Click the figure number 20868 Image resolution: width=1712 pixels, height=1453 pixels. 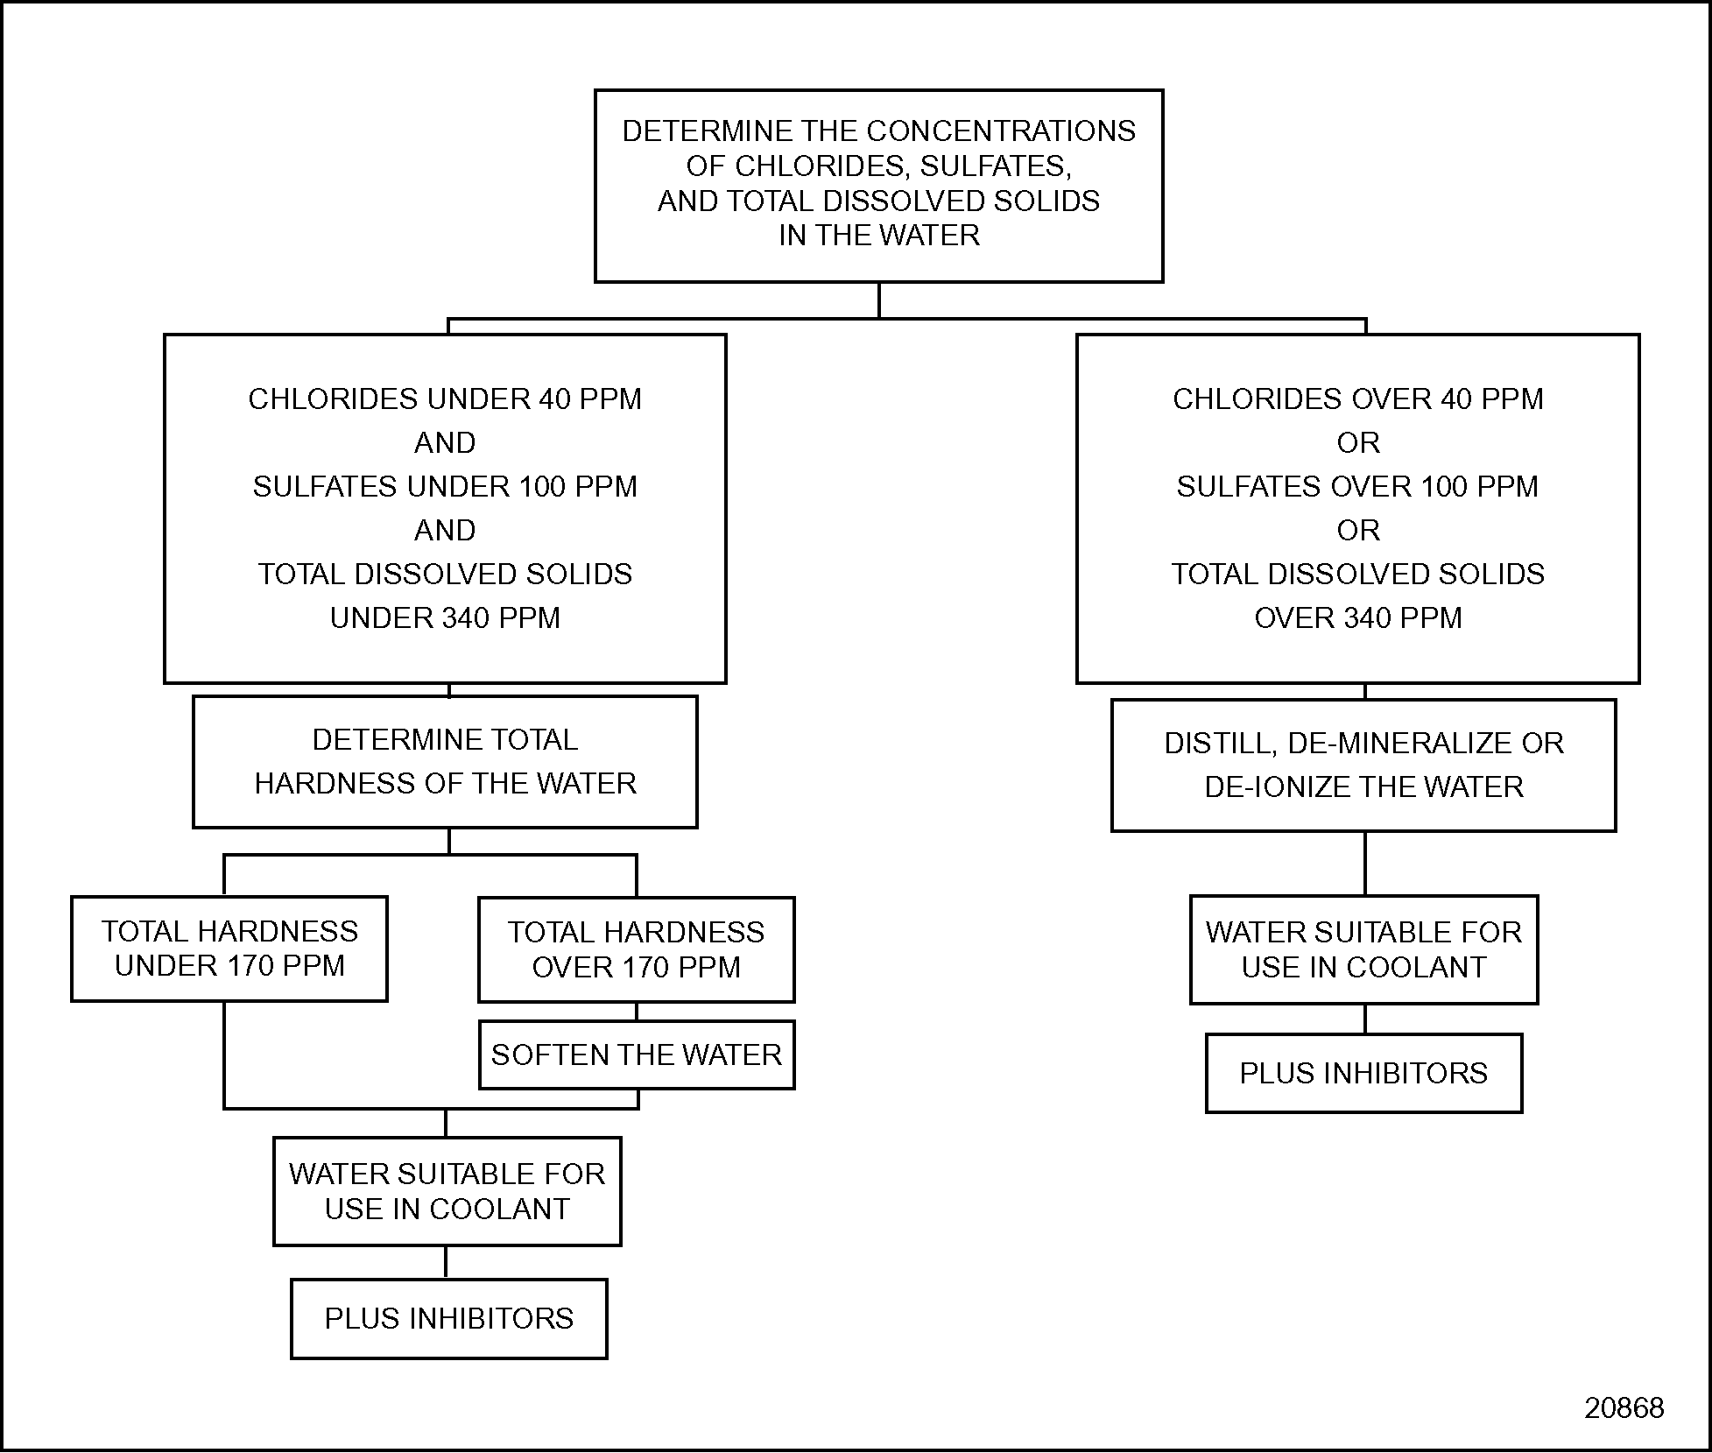pos(1624,1407)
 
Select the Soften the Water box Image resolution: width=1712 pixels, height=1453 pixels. pos(637,1054)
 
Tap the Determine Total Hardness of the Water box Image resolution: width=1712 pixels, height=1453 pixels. pos(445,761)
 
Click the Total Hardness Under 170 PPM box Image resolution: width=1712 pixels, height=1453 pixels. pos(229,949)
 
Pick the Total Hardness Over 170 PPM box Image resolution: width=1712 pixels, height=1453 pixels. pos(637,949)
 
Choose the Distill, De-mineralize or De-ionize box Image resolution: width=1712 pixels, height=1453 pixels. pos(1363,765)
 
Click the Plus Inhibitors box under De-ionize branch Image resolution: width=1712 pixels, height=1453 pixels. pos(1363,1073)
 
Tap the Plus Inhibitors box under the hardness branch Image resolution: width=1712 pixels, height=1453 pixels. pos(448,1318)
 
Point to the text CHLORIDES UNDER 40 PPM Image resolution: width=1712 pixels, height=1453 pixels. pos(445,399)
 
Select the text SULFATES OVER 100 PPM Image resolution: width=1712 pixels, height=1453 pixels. pos(1357,486)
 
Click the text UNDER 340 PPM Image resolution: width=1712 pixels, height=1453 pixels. pos(445,617)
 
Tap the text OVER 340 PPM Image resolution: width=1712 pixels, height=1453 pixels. pos(1357,617)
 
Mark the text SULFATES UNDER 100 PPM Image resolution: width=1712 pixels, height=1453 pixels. pos(445,486)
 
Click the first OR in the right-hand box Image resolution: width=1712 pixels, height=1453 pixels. pos(1357,442)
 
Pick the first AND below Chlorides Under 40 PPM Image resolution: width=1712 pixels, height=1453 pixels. pos(445,442)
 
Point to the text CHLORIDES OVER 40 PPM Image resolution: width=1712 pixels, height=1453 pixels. pos(1357,399)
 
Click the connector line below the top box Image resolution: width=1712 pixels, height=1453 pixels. pos(879,300)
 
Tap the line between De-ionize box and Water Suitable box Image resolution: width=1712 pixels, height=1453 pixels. pos(1365,863)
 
